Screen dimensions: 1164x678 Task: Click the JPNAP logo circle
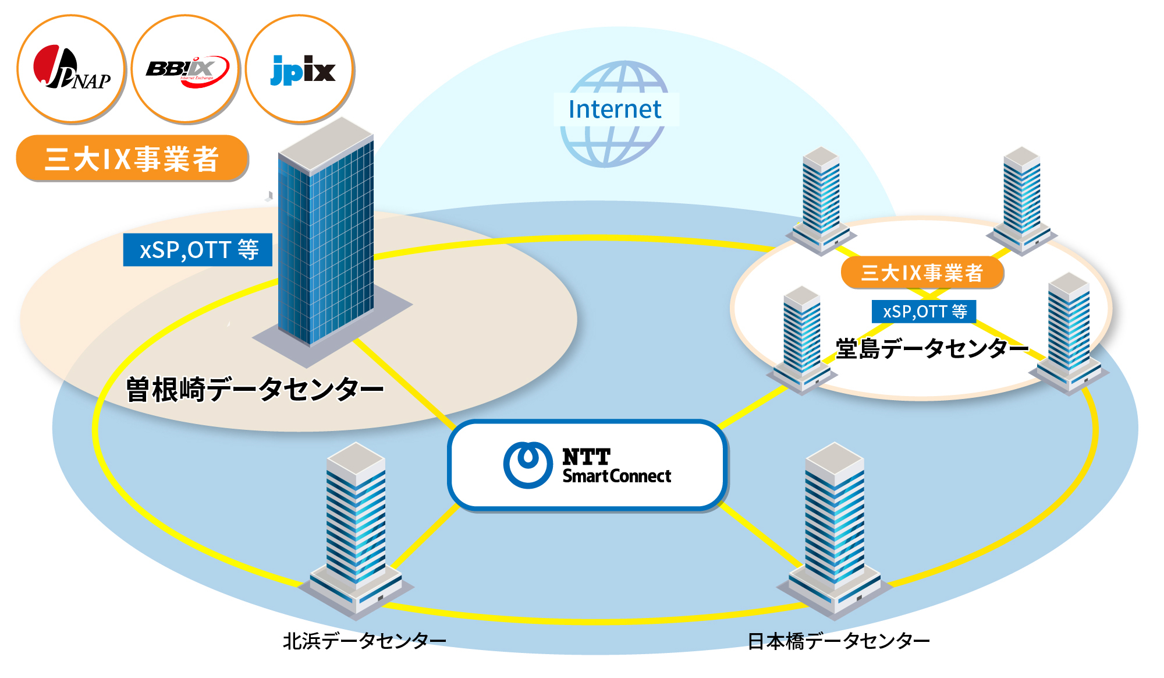coord(71,69)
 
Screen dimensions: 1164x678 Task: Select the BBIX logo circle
coord(186,69)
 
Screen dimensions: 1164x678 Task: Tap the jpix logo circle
coord(300,69)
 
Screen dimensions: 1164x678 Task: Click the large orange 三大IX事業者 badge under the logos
coord(132,158)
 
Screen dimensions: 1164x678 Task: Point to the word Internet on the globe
coord(615,110)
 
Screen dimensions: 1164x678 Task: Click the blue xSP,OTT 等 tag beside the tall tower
coord(198,250)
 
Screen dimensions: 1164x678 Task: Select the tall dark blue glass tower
coord(329,239)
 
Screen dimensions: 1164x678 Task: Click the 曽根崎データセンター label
coord(255,389)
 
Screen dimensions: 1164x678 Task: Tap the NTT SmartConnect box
coord(587,465)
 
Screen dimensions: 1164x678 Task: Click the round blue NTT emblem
coord(528,465)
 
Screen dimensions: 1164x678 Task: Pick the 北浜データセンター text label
coord(364,641)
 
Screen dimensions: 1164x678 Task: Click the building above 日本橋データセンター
coord(835,530)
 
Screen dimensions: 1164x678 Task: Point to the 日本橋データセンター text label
coord(839,641)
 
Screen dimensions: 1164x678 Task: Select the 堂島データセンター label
coord(932,348)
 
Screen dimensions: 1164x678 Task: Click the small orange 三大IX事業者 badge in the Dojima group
coord(922,273)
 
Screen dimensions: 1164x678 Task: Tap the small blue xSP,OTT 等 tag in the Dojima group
coord(924,312)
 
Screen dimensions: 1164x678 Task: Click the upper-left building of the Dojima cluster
coord(821,201)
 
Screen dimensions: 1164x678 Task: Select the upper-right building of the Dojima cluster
coord(1022,201)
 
